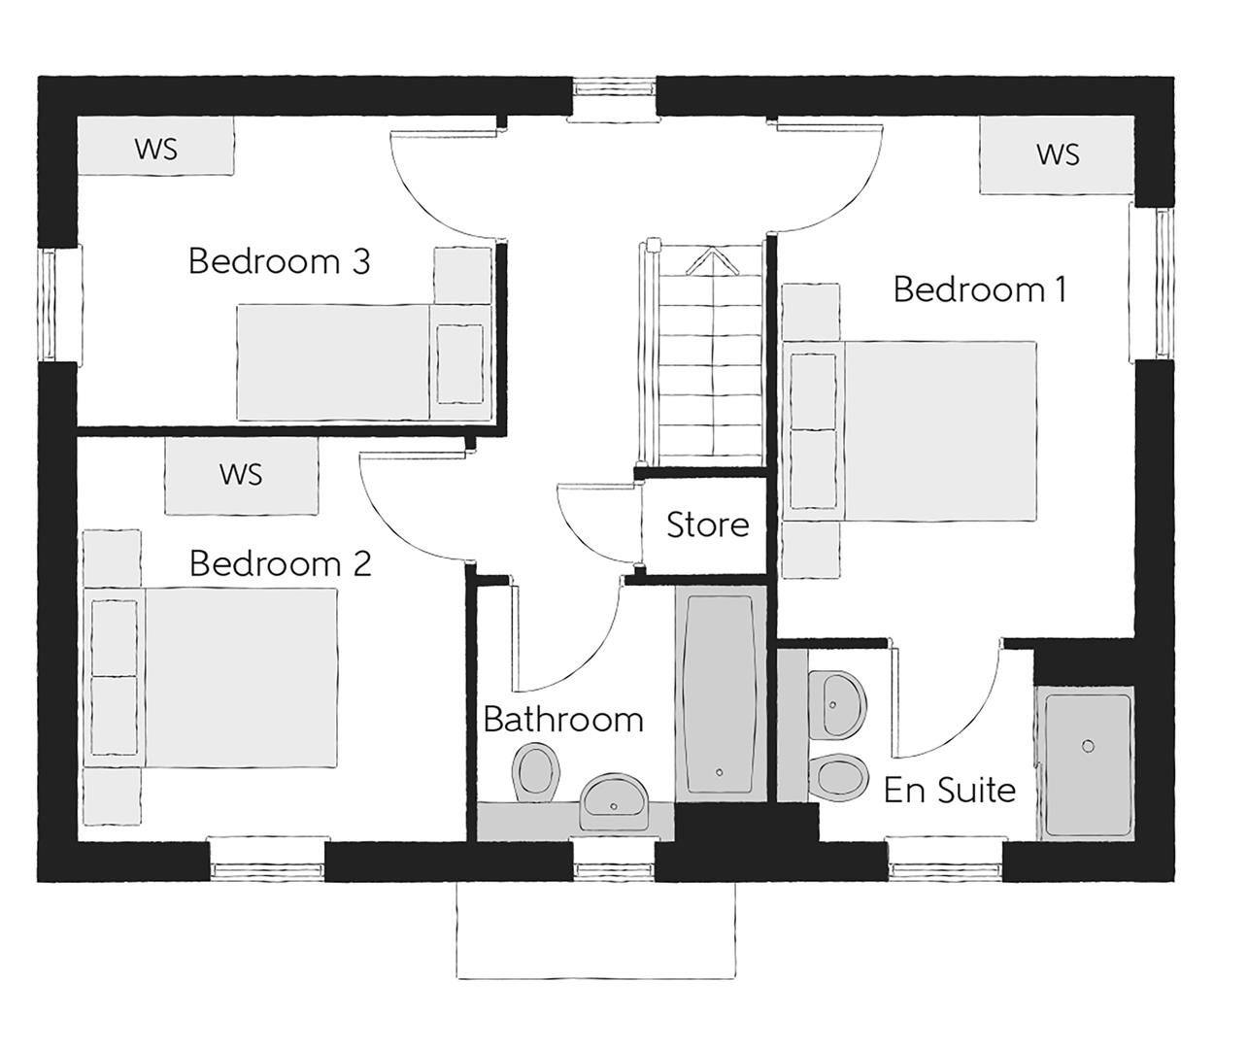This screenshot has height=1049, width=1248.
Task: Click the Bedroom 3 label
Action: (x=279, y=261)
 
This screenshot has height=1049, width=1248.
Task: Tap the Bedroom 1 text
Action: (x=979, y=289)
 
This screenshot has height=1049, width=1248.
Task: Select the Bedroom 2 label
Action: (x=280, y=563)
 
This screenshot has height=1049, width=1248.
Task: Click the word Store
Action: (x=707, y=525)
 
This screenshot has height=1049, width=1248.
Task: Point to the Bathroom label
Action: (x=563, y=720)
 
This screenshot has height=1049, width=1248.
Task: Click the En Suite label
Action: (x=949, y=790)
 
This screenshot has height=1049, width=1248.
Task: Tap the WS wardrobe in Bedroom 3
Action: (x=155, y=149)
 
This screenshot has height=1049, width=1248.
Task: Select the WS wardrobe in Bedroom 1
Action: (x=1057, y=154)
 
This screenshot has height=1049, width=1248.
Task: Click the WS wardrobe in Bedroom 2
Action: (x=241, y=474)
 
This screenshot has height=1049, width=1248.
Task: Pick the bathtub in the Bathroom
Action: (x=720, y=694)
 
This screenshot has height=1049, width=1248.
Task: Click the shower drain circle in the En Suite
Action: (x=1088, y=745)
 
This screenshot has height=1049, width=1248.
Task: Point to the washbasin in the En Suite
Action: (x=840, y=702)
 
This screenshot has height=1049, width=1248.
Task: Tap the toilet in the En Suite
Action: (x=840, y=776)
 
